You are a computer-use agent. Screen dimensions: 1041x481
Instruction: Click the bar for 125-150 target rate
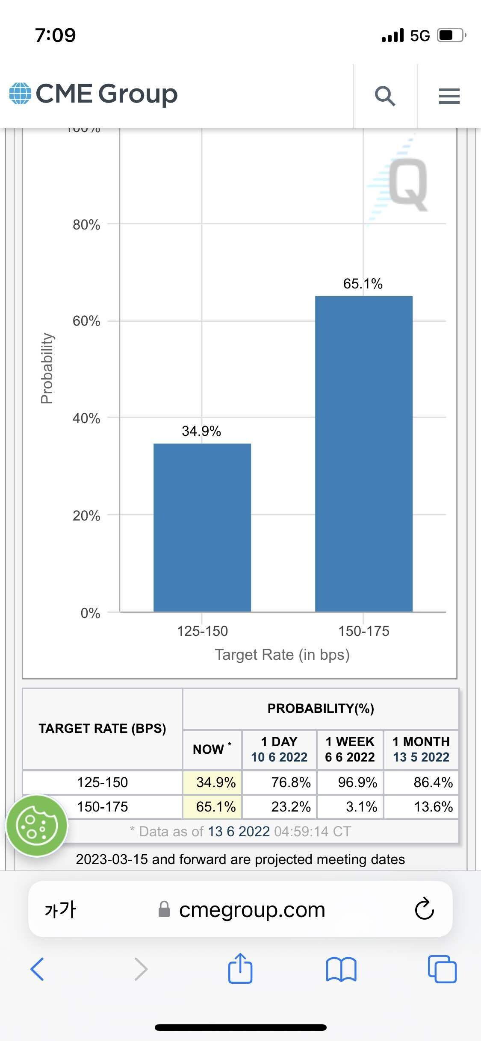coord(202,527)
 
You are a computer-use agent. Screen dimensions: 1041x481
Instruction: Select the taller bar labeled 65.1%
coord(363,453)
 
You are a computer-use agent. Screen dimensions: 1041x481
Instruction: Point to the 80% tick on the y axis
coord(86,224)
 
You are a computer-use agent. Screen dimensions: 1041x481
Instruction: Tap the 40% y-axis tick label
coord(86,418)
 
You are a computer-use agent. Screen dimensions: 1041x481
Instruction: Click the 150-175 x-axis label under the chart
coord(363,631)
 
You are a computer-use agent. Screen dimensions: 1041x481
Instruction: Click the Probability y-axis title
coord(47,368)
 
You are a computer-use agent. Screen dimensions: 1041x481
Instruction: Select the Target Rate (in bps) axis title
coord(282,654)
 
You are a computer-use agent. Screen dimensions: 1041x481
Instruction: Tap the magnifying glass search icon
coord(385,96)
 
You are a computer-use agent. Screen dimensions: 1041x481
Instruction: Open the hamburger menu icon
coord(449,96)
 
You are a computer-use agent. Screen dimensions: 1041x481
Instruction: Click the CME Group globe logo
coord(20,94)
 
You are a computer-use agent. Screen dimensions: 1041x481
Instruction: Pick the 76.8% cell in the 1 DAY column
coord(291,782)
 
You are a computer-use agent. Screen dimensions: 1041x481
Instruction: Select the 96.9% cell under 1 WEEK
coord(357,782)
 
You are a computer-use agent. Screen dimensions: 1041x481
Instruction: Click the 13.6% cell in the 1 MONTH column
coord(433,806)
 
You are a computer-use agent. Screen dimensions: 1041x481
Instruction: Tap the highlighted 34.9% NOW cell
coord(216,782)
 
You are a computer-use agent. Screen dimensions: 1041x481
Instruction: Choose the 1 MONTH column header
coord(421,749)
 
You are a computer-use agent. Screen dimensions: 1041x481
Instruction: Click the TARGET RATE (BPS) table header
coord(102,728)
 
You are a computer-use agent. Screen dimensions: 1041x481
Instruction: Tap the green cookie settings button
coord(37,826)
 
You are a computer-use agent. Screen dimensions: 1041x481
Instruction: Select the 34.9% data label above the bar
coord(201,431)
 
